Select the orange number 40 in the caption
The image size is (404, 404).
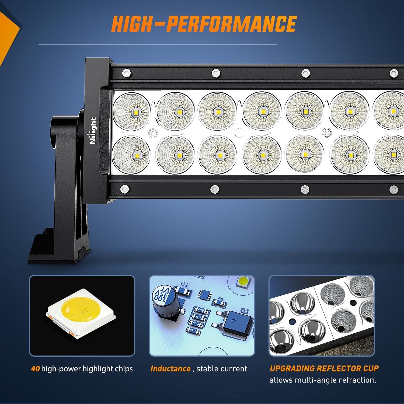point(35,368)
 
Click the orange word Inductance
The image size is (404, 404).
point(170,368)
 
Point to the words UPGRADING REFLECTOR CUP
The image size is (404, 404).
point(324,368)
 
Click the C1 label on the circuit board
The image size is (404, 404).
point(184,284)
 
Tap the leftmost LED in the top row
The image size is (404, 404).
point(132,111)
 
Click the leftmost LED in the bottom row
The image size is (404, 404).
point(132,154)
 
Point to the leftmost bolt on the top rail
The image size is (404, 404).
point(126,72)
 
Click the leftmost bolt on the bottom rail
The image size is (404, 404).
point(124,189)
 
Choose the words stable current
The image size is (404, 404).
point(222,368)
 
